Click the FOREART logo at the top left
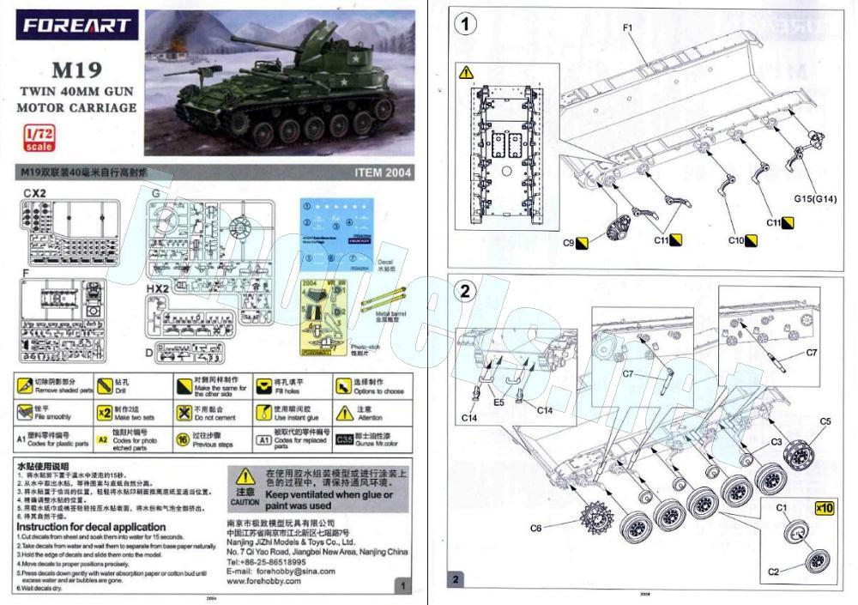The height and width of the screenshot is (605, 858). pyautogui.click(x=77, y=26)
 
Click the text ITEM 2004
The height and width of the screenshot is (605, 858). pyautogui.click(x=383, y=172)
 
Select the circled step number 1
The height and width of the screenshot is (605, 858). pyautogui.click(x=466, y=24)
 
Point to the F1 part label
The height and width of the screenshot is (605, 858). pyautogui.click(x=627, y=27)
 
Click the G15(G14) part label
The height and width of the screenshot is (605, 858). pyautogui.click(x=815, y=200)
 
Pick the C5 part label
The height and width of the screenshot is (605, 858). pyautogui.click(x=825, y=421)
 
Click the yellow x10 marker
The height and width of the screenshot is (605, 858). pyautogui.click(x=824, y=507)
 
